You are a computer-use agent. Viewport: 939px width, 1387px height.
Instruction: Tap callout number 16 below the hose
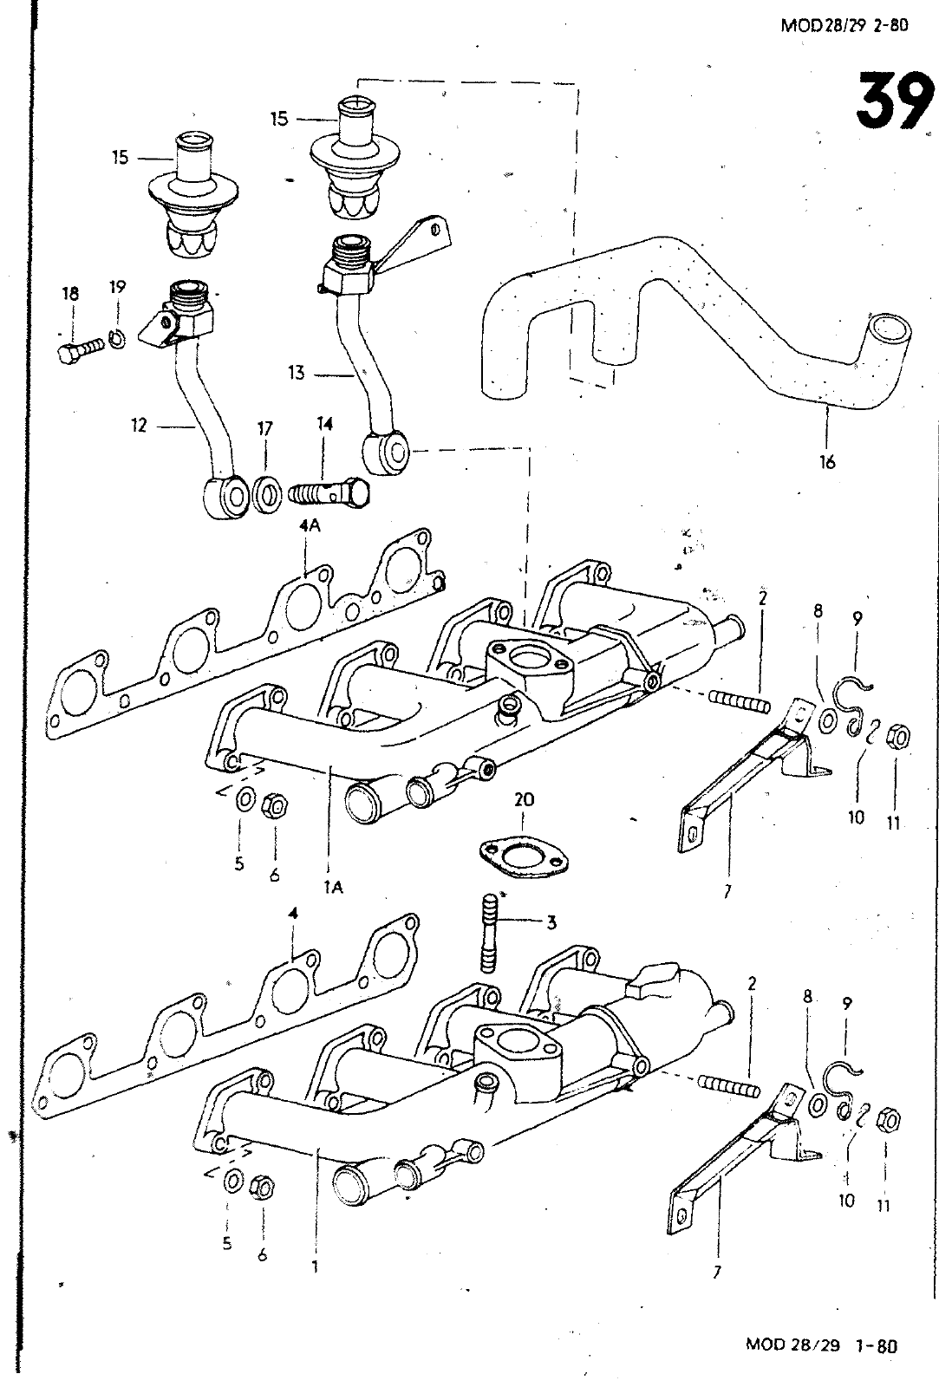827,462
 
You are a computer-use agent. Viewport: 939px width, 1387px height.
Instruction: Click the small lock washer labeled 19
117,340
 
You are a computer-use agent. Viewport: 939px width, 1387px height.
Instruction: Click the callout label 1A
333,886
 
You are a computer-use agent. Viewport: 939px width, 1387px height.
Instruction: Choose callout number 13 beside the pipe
297,373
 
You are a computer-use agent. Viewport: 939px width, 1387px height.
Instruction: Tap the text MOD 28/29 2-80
843,25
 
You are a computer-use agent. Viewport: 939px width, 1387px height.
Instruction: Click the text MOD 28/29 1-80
819,1345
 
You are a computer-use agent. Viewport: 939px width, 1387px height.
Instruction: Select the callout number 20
523,799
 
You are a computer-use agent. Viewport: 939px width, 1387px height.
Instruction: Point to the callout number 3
551,922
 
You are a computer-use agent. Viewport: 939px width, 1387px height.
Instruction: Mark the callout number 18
69,294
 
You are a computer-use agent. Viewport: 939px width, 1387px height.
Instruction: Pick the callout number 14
324,424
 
